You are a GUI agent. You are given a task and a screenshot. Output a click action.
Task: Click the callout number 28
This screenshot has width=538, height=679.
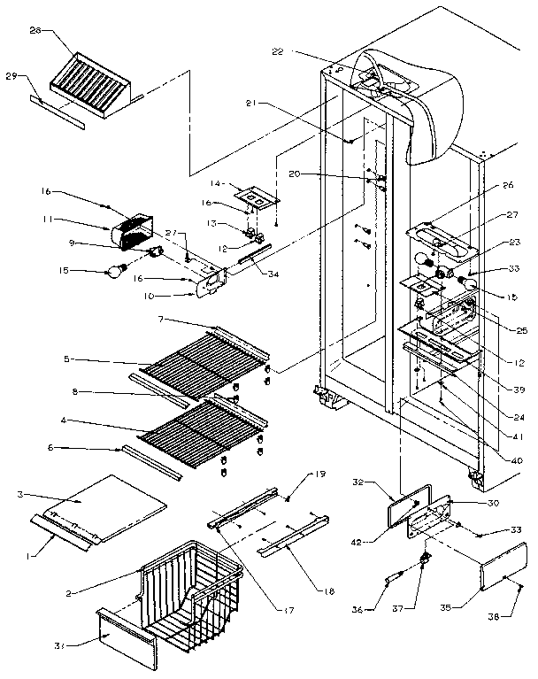pos(35,31)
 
